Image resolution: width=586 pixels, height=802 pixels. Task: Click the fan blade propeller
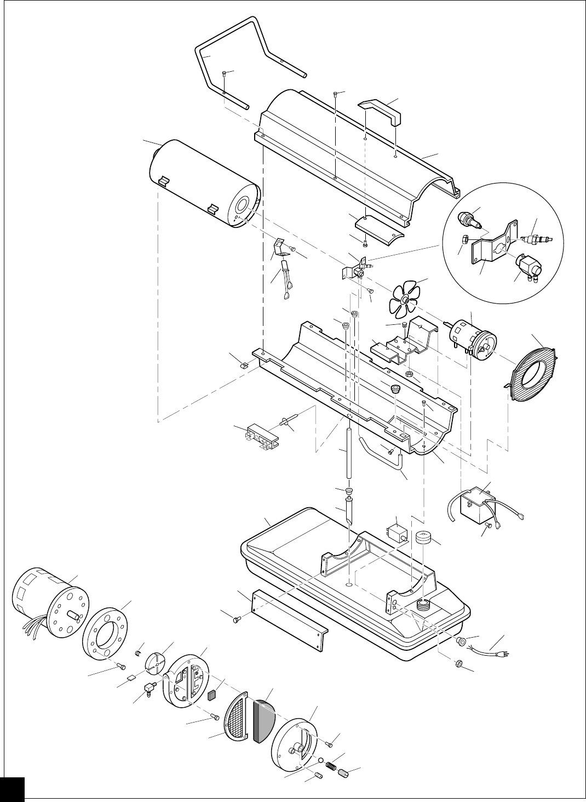point(405,299)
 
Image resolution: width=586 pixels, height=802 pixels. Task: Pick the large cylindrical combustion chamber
point(203,184)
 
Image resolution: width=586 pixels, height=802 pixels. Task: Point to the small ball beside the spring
point(319,760)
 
